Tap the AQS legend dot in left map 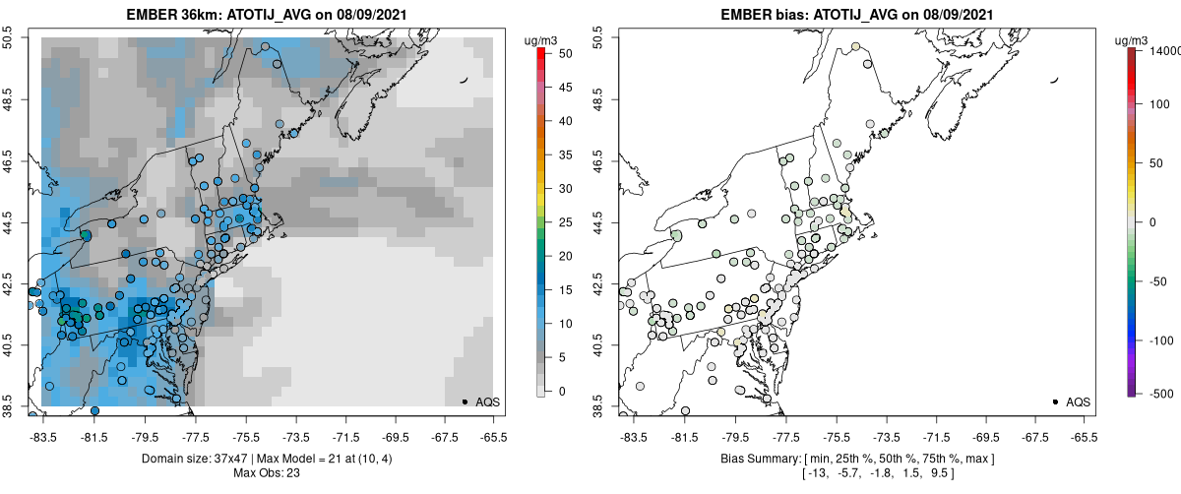465,401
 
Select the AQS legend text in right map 1078,401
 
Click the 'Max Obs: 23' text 266,473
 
